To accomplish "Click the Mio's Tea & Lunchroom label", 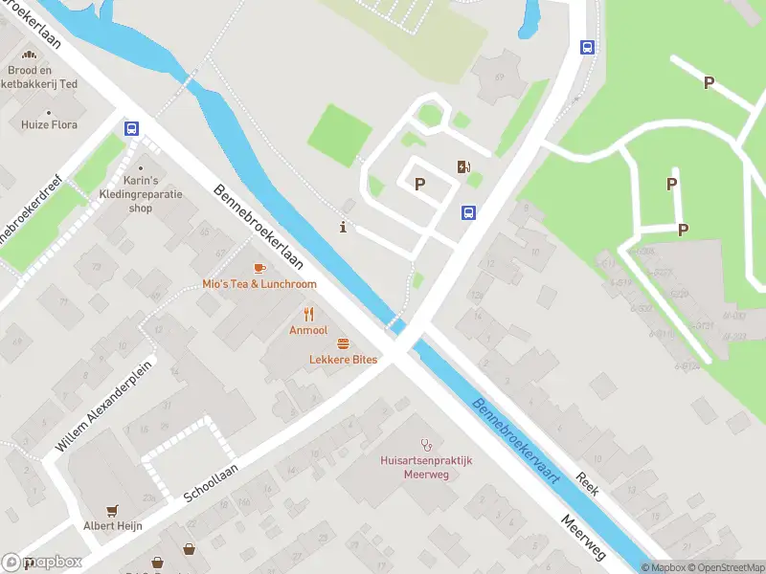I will point(259,284).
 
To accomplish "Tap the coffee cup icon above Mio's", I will point(259,269).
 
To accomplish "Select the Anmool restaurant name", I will point(308,330).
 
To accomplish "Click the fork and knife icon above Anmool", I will point(308,314).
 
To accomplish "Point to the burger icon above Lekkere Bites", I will point(343,343).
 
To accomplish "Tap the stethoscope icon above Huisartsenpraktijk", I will point(427,445).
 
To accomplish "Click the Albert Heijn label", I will point(113,525).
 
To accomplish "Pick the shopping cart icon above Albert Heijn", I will point(114,510).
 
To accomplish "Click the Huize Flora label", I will point(51,124).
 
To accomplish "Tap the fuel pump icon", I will point(464,167).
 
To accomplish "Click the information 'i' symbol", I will point(344,227).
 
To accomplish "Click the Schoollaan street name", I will point(211,481).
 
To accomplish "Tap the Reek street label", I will point(587,483).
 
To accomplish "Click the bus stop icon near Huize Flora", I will point(131,129).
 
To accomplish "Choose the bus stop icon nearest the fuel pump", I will point(469,212).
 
